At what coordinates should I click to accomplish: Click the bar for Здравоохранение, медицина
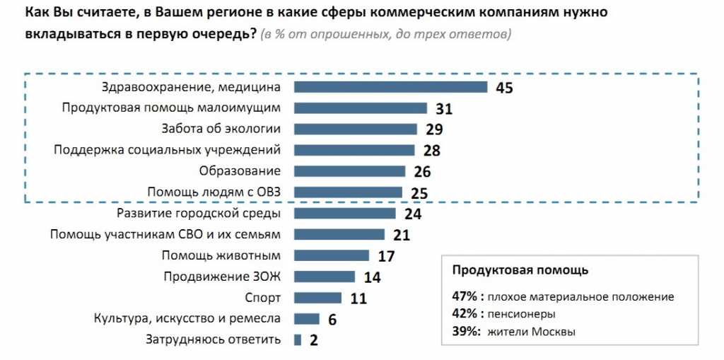point(390,87)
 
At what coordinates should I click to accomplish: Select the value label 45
point(503,88)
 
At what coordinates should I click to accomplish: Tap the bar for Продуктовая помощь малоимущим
point(360,108)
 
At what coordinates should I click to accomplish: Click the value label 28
point(431,151)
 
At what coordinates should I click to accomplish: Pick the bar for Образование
point(349,171)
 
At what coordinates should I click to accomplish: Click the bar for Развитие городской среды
point(344,213)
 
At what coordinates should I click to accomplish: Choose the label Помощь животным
point(222,255)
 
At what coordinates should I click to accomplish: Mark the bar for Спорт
point(317,297)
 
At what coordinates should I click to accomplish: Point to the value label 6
point(332,320)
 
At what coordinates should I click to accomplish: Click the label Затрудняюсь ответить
point(214,339)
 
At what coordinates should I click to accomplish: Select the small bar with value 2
point(298,339)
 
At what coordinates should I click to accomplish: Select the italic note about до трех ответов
point(385,34)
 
